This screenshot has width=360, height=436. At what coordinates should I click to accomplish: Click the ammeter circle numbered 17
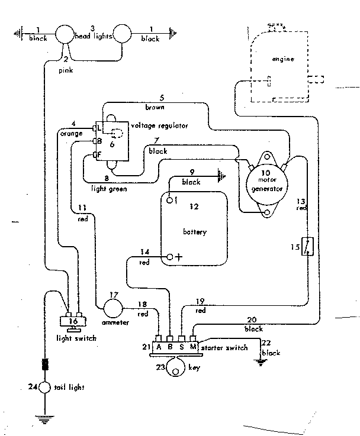(113, 307)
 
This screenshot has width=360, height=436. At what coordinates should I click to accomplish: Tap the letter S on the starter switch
(181, 347)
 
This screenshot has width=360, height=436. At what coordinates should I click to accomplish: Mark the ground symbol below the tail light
(44, 421)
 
